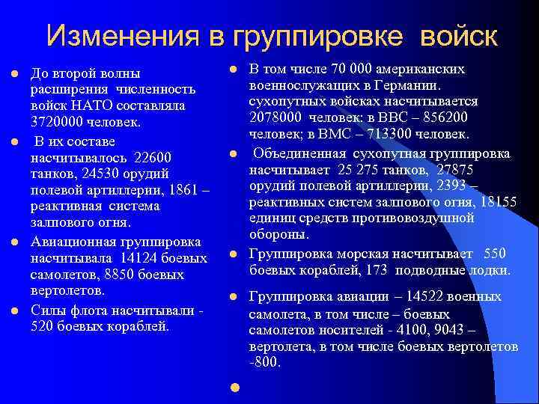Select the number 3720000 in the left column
pyautogui.click(x=58, y=121)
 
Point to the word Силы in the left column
pyautogui.click(x=46, y=309)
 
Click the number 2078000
pyautogui.click(x=278, y=118)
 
